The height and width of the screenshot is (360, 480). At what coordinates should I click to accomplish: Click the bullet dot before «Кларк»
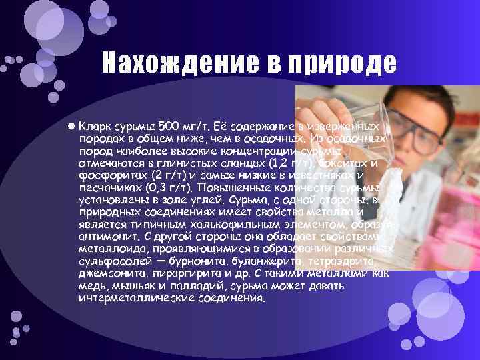point(71,125)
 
